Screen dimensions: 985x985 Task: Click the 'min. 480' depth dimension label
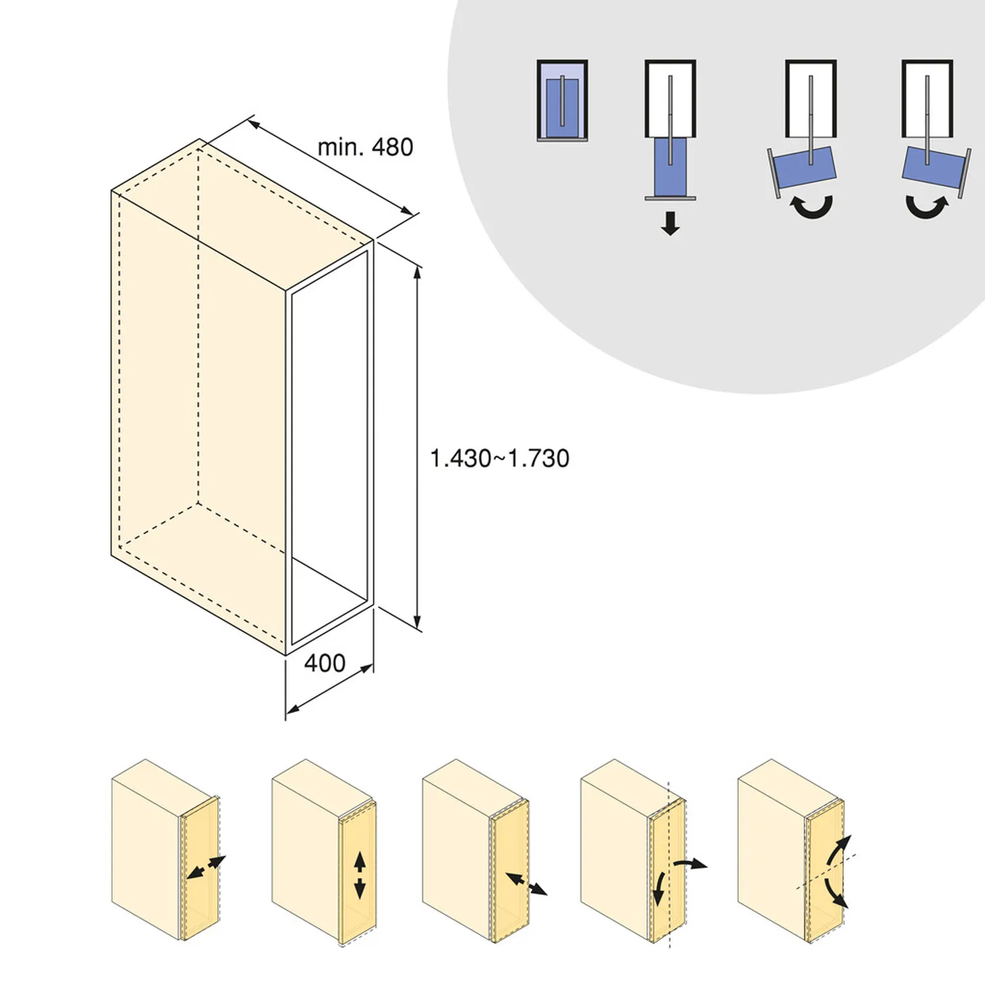pyautogui.click(x=365, y=147)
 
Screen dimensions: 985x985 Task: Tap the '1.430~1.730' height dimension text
pyautogui.click(x=499, y=458)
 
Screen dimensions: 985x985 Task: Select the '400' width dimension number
pyautogui.click(x=324, y=663)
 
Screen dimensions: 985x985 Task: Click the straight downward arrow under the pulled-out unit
pyautogui.click(x=670, y=223)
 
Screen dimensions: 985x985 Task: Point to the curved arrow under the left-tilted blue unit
pyautogui.click(x=812, y=207)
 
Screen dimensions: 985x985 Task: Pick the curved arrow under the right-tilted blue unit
pyautogui.click(x=927, y=207)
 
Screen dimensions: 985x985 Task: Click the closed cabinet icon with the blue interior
pyautogui.click(x=562, y=100)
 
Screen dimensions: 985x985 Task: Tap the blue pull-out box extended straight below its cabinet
pyautogui.click(x=670, y=167)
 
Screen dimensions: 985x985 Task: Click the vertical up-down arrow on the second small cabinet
pyautogui.click(x=359, y=875)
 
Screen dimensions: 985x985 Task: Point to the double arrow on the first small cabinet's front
pyautogui.click(x=206, y=867)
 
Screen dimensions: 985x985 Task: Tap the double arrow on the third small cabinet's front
pyautogui.click(x=526, y=883)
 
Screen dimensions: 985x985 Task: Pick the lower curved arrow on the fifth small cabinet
pyautogui.click(x=835, y=893)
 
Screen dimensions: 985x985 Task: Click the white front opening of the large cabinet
pyautogui.click(x=329, y=447)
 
